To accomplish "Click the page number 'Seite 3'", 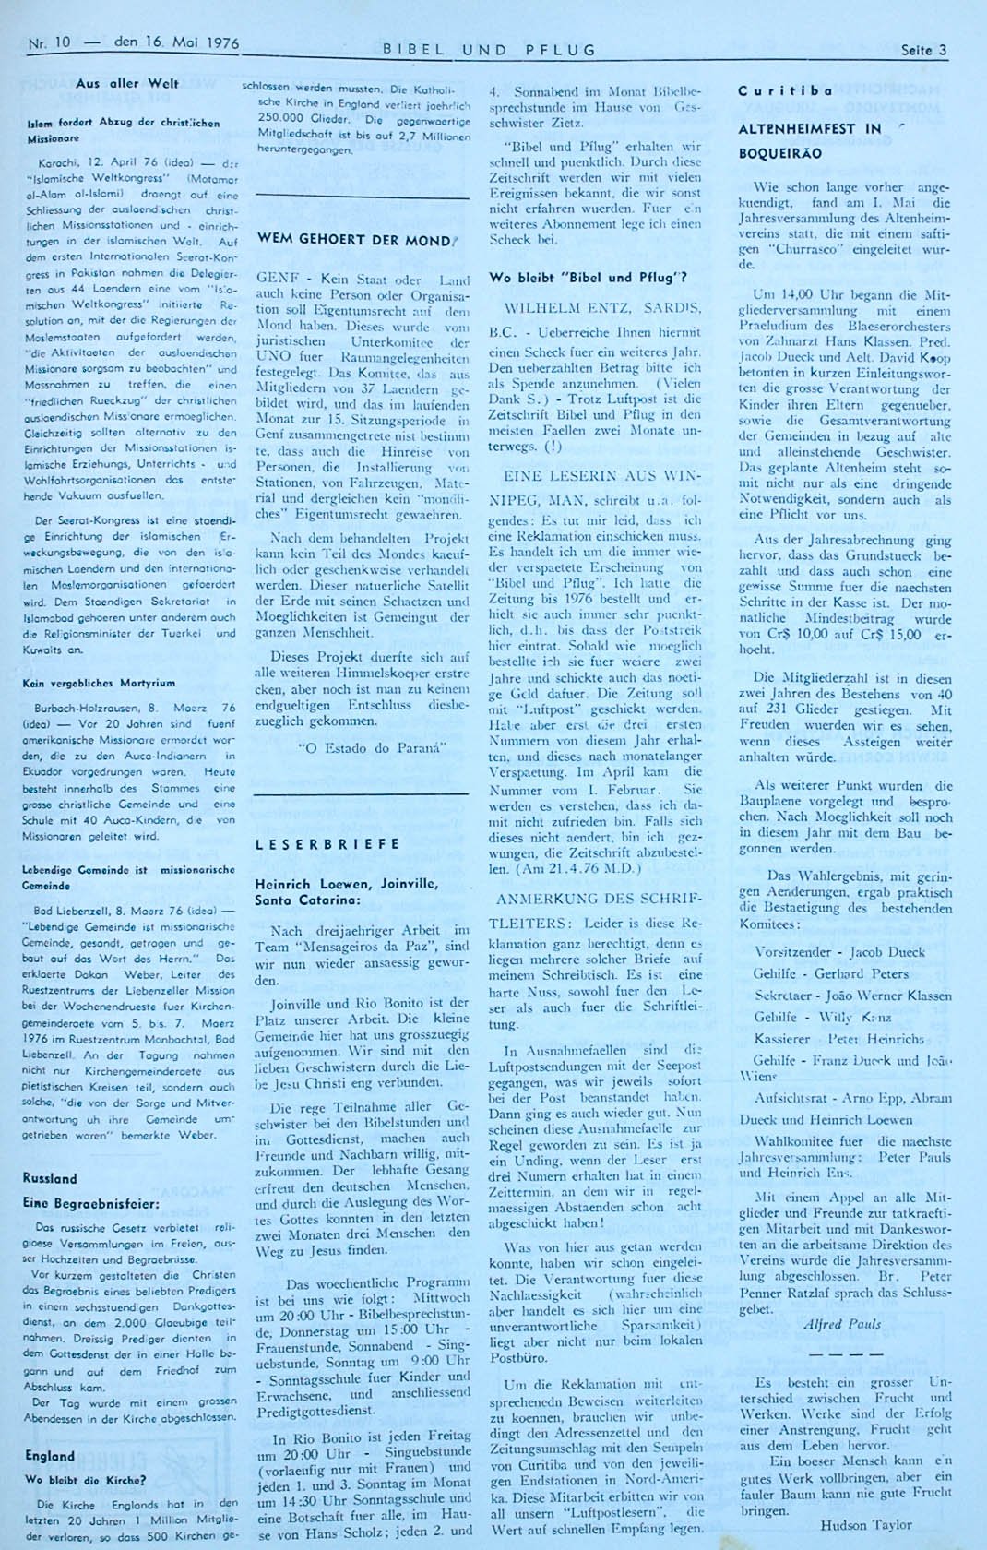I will (x=923, y=51).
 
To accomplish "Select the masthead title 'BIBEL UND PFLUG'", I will (x=489, y=50).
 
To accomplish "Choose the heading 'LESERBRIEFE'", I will (x=327, y=843).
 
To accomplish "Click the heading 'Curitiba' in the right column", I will (x=772, y=90).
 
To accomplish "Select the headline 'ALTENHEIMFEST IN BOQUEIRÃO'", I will (x=810, y=140).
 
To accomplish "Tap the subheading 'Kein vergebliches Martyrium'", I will (x=99, y=684).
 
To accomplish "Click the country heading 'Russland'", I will (x=50, y=1178).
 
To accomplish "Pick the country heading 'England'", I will (x=50, y=1456).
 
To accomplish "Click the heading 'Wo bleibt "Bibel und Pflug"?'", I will (x=588, y=278).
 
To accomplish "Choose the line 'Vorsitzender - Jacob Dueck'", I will (x=826, y=951).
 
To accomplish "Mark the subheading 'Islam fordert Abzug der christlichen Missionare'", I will (x=123, y=128).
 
